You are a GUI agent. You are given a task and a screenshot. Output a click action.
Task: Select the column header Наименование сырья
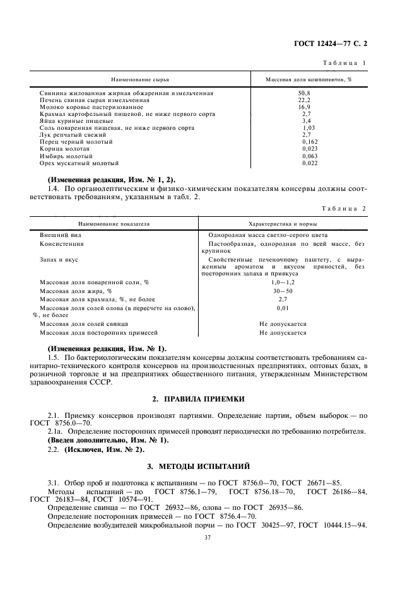point(140,81)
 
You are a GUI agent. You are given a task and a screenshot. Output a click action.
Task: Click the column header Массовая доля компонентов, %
point(308,81)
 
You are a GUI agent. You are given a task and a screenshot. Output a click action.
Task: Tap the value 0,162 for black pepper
point(309,142)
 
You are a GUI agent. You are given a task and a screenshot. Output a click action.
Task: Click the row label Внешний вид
point(56,234)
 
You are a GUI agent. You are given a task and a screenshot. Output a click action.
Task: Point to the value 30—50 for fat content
point(283,291)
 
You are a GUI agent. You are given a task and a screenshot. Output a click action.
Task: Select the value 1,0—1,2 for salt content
point(283,282)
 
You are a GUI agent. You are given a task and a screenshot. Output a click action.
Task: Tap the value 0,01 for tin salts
point(283,308)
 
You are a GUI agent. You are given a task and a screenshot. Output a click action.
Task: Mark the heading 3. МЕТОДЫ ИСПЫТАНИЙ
point(208,466)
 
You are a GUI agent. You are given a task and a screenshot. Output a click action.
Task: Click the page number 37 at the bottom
point(208,538)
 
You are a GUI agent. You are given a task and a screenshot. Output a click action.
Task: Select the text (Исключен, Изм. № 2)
point(97,451)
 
